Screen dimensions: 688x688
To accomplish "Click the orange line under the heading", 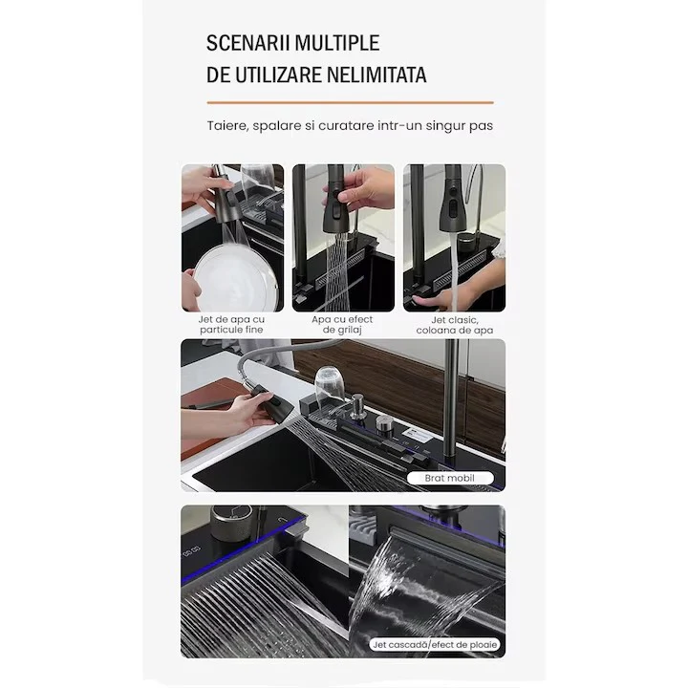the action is (350, 102).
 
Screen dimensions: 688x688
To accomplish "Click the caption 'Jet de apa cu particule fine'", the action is (231, 325).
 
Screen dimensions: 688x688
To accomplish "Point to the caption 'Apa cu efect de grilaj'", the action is (342, 325).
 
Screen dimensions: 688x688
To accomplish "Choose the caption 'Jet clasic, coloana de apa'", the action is (455, 325).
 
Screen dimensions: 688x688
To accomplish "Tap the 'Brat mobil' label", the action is (450, 478).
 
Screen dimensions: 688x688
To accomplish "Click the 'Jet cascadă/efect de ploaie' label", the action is (435, 645).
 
